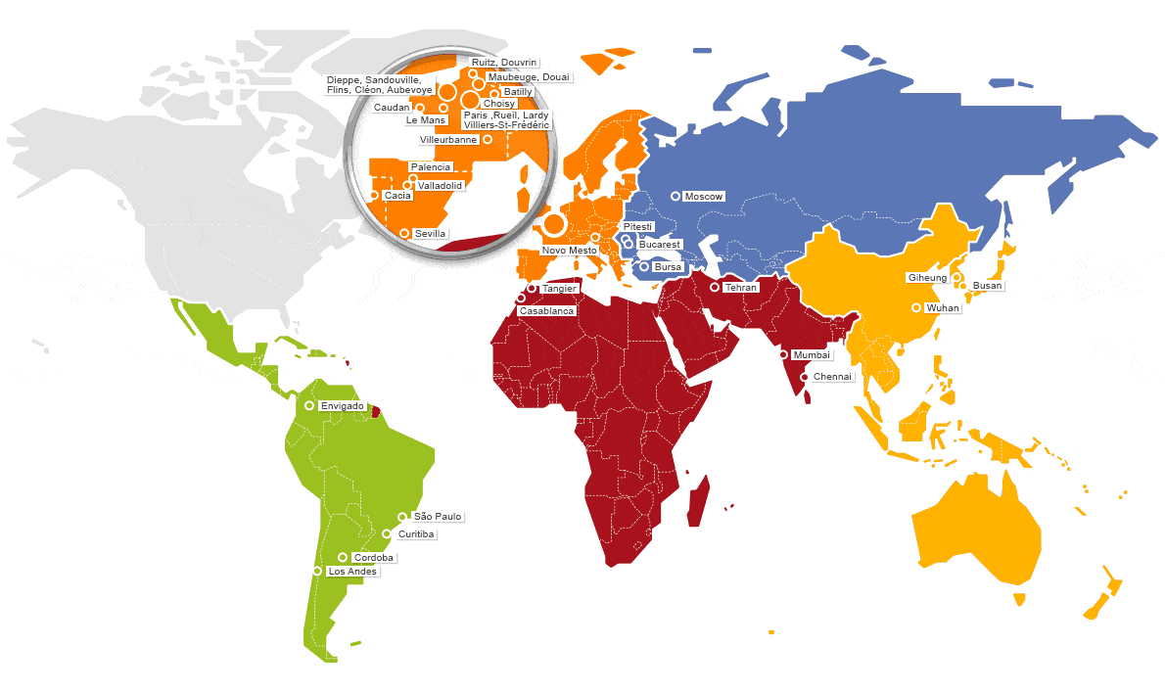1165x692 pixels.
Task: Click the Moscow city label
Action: [704, 197]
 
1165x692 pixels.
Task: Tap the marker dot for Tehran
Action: [715, 288]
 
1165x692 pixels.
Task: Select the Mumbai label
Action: [812, 354]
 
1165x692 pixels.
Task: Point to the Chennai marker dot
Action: [805, 377]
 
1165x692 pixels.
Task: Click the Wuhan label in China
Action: [944, 308]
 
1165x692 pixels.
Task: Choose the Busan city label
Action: [988, 286]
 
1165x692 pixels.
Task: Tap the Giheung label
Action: [927, 278]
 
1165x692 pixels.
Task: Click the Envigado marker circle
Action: [309, 405]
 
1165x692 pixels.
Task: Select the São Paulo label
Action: [438, 516]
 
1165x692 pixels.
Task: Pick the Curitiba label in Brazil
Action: [417, 534]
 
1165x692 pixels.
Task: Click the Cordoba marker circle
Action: [343, 557]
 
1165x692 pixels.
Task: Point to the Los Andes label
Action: [351, 572]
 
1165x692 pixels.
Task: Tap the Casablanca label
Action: [547, 310]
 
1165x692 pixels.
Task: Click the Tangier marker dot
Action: [532, 289]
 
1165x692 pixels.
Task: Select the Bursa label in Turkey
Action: [667, 266]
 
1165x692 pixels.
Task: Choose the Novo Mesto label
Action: [569, 251]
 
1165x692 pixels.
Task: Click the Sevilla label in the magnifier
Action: [431, 234]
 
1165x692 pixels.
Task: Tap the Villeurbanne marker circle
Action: [488, 139]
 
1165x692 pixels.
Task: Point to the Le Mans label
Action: [426, 120]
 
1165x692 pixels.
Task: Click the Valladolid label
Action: [440, 185]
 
